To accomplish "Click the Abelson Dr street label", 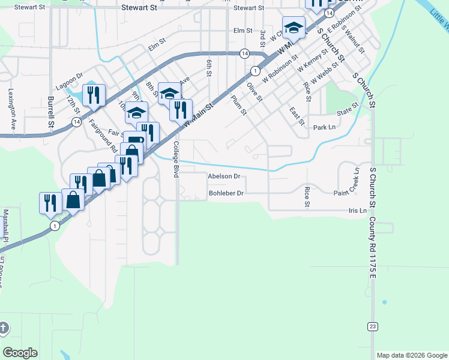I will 224,176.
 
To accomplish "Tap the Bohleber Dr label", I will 226,193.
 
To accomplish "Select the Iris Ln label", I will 357,211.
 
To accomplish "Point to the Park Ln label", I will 324,128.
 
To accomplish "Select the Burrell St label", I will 50,113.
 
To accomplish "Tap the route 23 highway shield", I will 372,326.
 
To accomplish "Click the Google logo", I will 20,353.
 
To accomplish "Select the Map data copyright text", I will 412,355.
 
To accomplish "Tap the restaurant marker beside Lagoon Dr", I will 94,95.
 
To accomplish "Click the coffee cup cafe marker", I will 134,142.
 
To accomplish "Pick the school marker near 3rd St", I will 294,28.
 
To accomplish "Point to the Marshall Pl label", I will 5,226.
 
